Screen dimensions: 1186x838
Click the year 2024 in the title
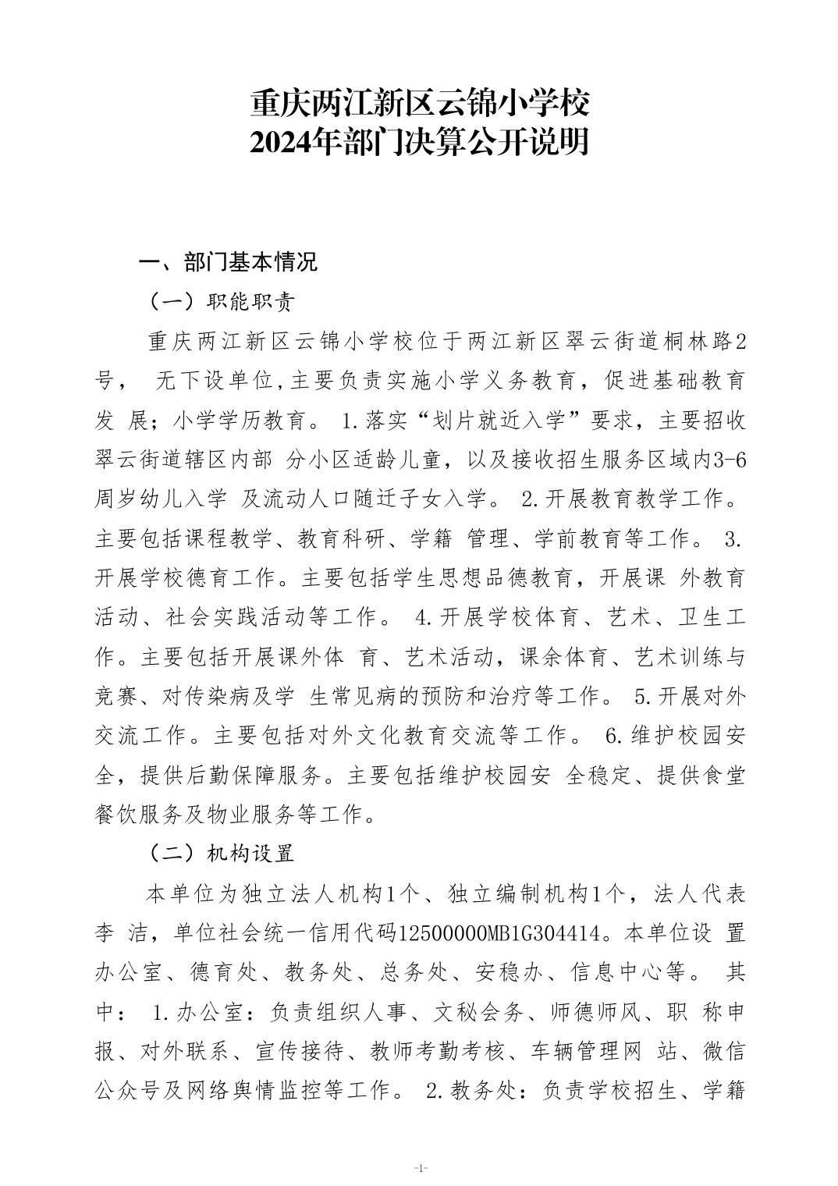pyautogui.click(x=279, y=142)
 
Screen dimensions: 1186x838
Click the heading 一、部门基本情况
pyautogui.click(x=227, y=262)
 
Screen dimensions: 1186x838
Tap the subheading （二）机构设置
pyautogui.click(x=221, y=854)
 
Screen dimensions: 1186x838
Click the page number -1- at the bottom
pyautogui.click(x=420, y=1167)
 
